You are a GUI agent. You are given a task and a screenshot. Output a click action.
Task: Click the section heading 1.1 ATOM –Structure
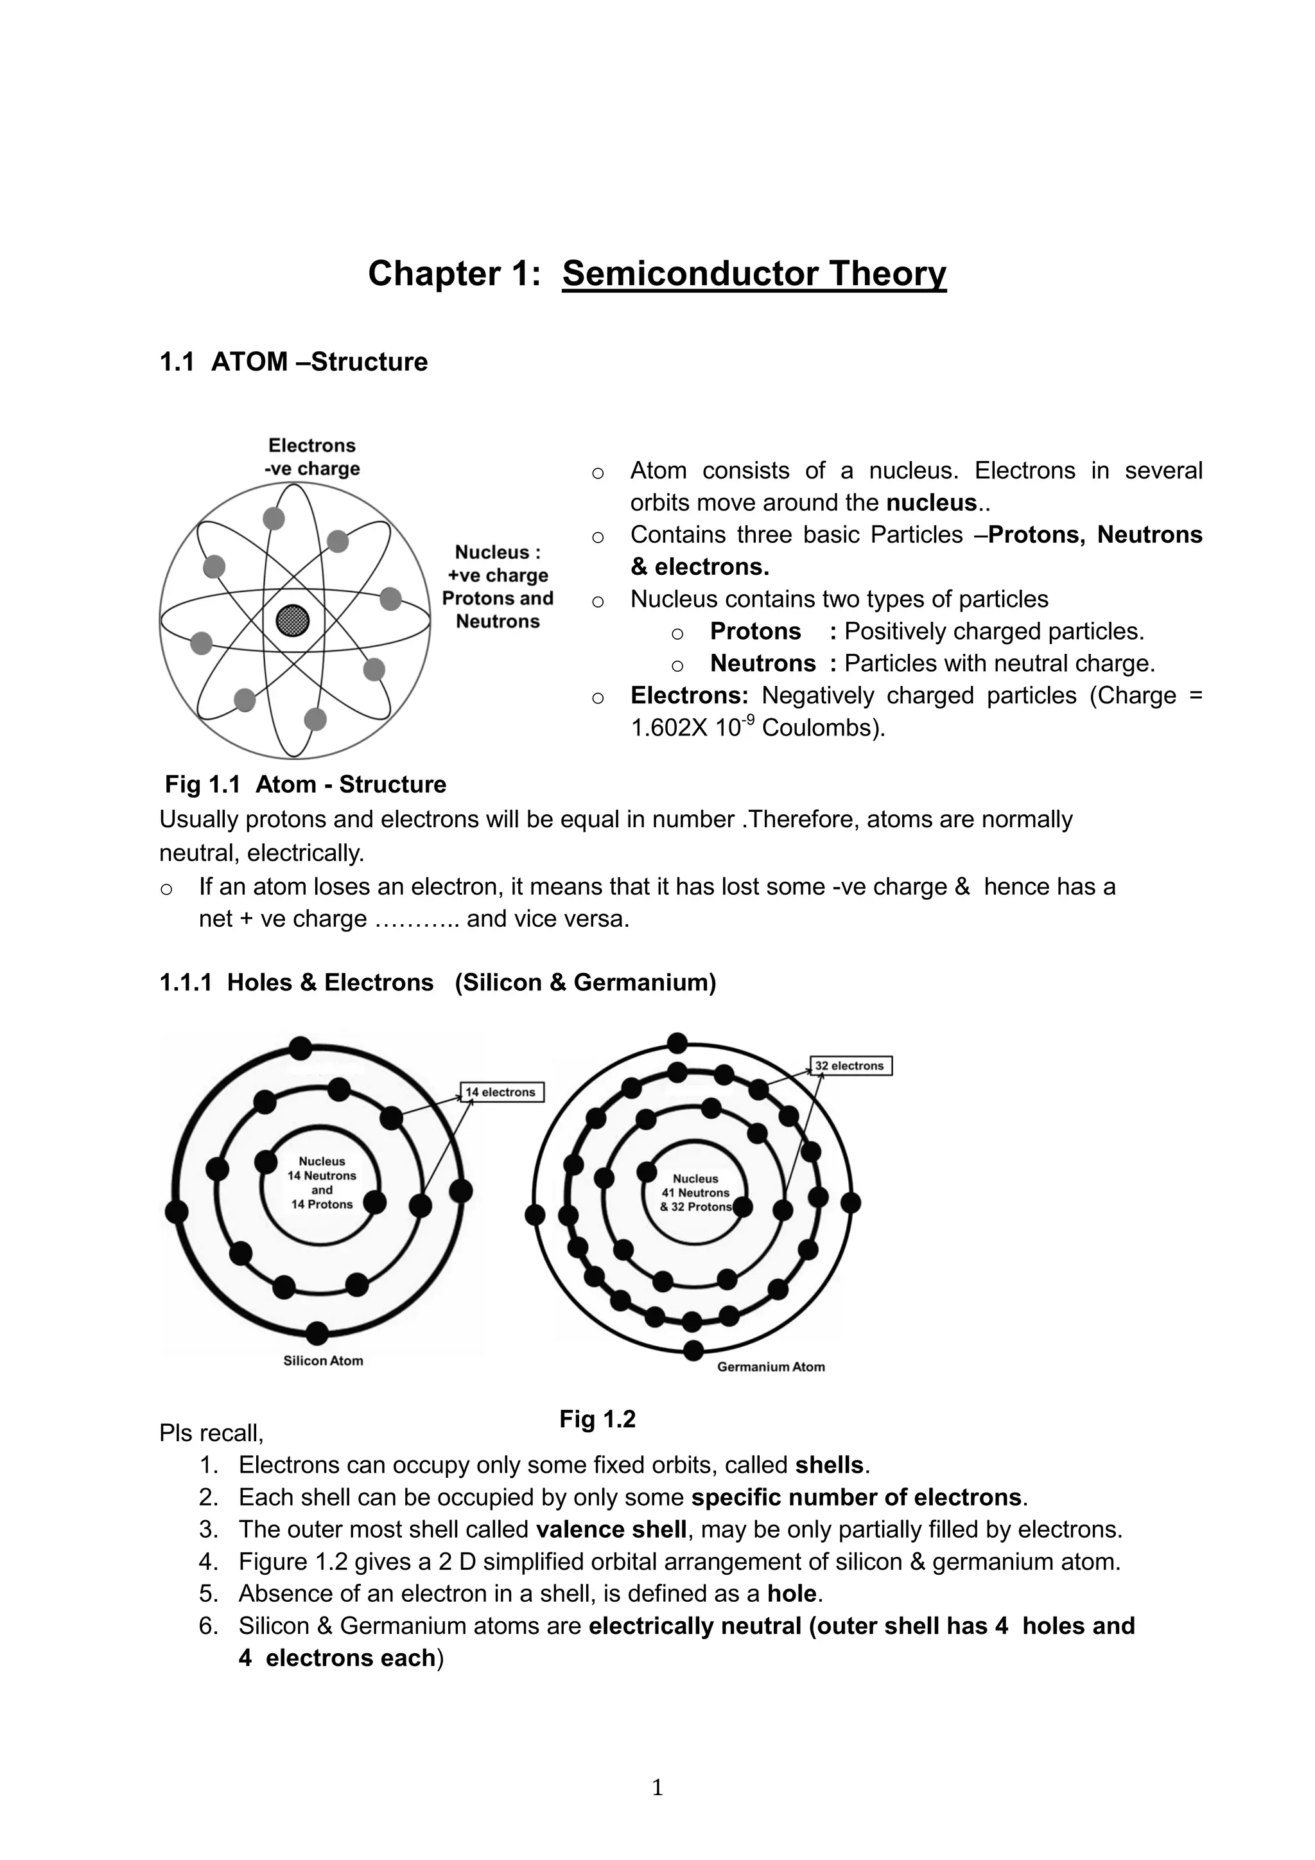(293, 362)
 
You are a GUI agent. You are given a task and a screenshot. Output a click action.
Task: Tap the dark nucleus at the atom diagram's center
(292, 621)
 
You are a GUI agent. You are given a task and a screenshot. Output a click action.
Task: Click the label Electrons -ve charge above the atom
(312, 457)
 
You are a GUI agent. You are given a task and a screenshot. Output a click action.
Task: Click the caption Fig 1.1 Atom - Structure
(305, 784)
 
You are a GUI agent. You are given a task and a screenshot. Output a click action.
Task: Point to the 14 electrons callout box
(502, 1092)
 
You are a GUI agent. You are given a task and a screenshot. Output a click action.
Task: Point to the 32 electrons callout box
(850, 1066)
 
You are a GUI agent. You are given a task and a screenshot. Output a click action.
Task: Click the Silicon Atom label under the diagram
(323, 1360)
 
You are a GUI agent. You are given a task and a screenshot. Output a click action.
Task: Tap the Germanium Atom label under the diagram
(771, 1367)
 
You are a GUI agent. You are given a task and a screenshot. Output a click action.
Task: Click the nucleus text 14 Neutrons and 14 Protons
(322, 1183)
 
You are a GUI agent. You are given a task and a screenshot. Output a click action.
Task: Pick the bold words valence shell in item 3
(611, 1529)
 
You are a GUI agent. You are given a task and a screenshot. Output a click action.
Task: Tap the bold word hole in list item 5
(792, 1593)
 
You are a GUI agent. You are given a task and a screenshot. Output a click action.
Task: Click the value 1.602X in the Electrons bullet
(668, 728)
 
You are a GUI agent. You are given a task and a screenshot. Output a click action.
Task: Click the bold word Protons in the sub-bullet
(754, 631)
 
